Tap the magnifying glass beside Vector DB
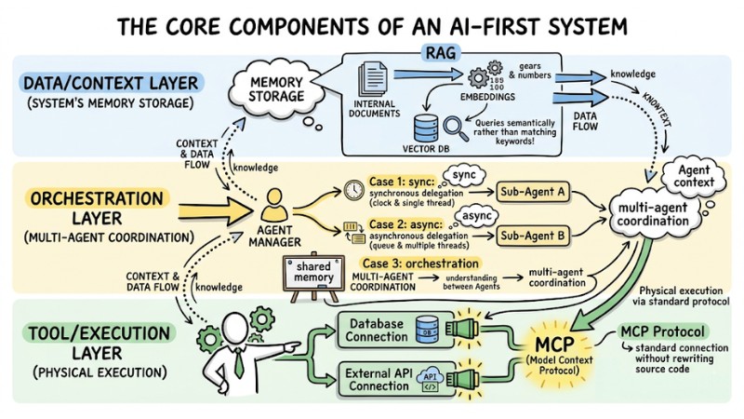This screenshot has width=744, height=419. click(x=455, y=127)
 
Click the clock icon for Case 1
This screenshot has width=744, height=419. click(x=352, y=186)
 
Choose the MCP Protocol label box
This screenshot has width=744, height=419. click(x=662, y=331)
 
